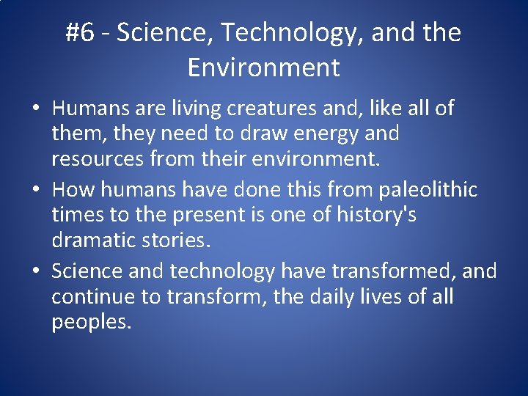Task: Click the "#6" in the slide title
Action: tap(80, 33)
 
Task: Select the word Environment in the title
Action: tap(263, 67)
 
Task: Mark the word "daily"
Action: tap(348, 297)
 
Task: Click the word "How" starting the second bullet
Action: tap(73, 190)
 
